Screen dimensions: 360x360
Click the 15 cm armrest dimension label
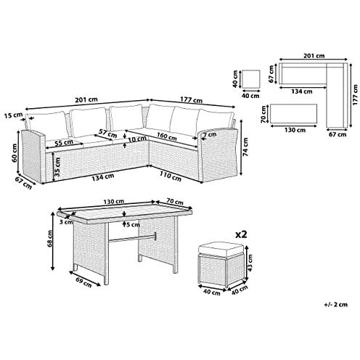pyautogui.click(x=11, y=115)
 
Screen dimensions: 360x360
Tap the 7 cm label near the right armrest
pyautogui.click(x=209, y=136)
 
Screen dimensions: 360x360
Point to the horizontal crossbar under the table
pyautogui.click(x=138, y=236)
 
